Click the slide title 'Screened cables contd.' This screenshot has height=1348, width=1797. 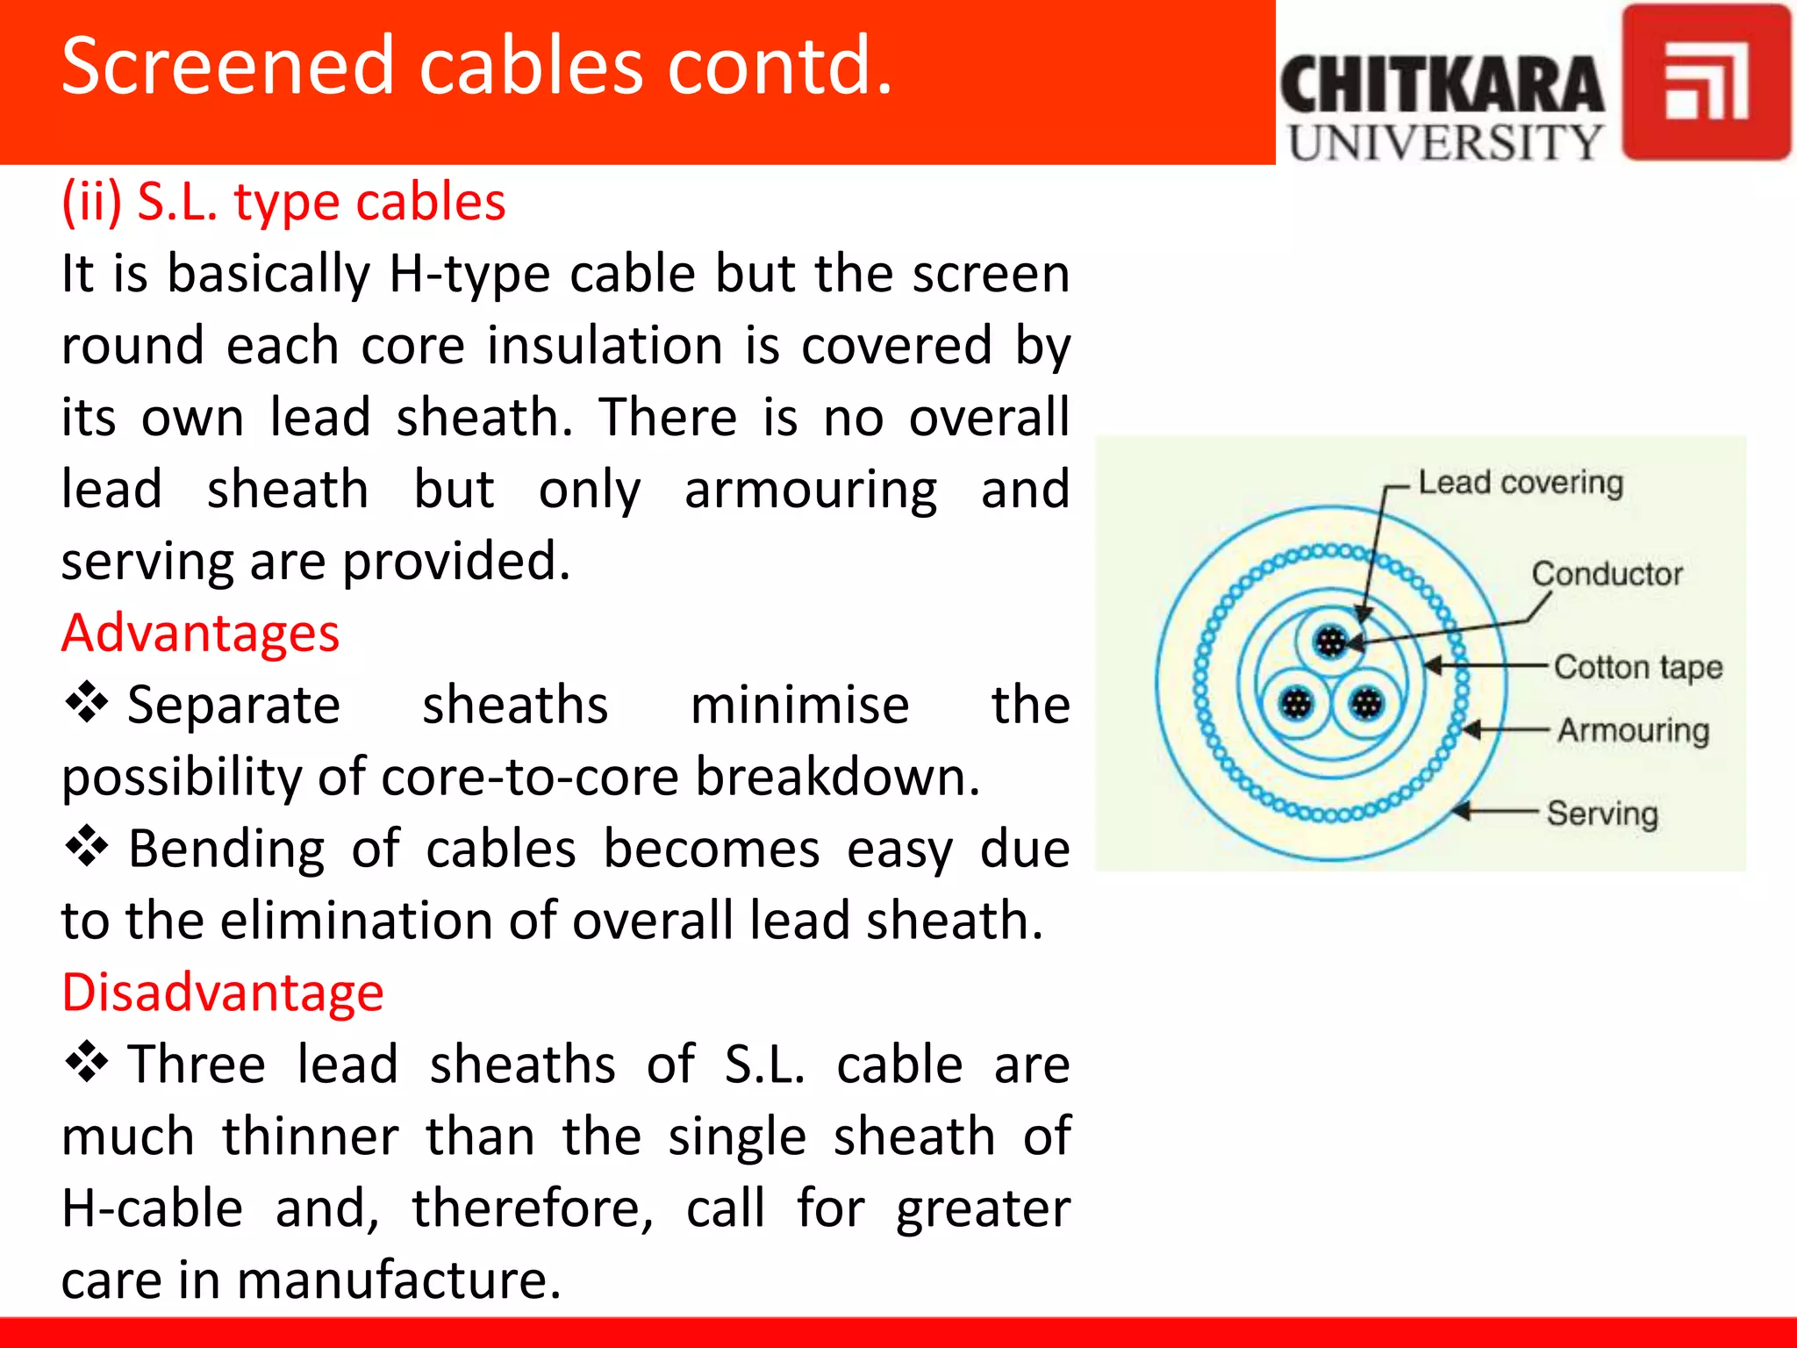tap(477, 67)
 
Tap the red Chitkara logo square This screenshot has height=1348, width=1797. tap(1705, 82)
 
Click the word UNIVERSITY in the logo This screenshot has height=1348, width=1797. tap(1445, 142)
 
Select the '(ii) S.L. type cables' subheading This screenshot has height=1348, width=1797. tap(283, 202)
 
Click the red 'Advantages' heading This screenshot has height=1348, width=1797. tap(200, 633)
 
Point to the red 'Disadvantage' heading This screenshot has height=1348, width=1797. tap(223, 993)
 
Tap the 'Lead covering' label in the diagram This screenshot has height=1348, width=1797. tap(1521, 483)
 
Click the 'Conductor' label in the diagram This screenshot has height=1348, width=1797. tap(1607, 574)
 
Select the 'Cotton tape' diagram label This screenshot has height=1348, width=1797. tap(1637, 667)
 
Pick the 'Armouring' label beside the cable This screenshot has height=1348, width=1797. tap(1633, 730)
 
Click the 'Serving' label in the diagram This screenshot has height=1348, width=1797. tap(1601, 814)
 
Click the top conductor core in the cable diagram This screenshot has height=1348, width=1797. tap(1331, 642)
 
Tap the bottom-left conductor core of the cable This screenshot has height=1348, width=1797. tap(1296, 704)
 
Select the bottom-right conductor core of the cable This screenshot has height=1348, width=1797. tap(1366, 704)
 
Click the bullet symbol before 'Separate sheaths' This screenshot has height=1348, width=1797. tap(86, 704)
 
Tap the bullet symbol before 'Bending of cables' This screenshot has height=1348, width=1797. tap(86, 848)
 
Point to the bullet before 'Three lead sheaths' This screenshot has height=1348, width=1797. tap(86, 1063)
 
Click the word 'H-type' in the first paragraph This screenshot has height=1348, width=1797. tap(469, 274)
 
